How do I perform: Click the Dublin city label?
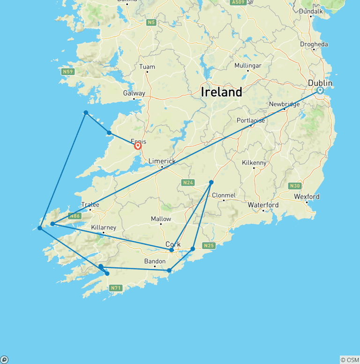coord(320,83)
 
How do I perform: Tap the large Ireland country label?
coord(221,92)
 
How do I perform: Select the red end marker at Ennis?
coord(138,146)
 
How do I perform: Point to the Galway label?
coord(134,93)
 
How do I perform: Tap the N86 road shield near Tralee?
coord(74,216)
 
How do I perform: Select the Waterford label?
coord(263,205)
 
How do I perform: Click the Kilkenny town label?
coord(254,163)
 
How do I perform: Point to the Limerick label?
coord(162,161)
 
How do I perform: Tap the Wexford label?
coord(307,197)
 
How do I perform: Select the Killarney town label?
coord(104,227)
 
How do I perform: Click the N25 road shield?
coord(209,245)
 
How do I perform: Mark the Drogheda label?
coord(314,44)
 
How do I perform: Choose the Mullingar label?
coord(247,66)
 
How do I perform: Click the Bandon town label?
coord(155,261)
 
